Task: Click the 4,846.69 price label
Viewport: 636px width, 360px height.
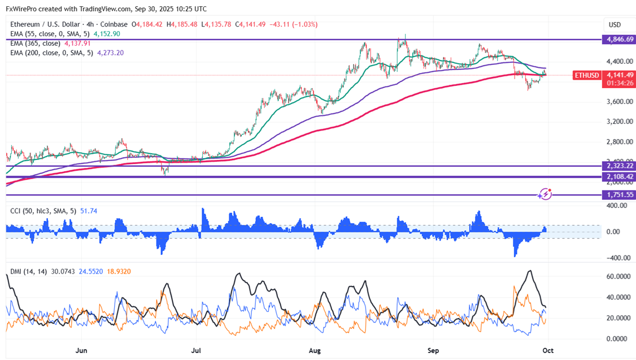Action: [619, 40]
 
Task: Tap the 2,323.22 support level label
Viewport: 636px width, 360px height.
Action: [619, 166]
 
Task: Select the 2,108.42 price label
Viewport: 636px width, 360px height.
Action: [619, 177]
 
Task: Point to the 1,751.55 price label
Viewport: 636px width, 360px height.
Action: [619, 195]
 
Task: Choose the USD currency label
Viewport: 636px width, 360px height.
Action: [615, 25]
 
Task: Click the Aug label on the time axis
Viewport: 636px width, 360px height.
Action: [315, 350]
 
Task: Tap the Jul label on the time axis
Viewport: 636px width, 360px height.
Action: [197, 350]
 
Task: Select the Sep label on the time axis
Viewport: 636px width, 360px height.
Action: [433, 350]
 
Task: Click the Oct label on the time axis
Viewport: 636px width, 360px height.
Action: [548, 350]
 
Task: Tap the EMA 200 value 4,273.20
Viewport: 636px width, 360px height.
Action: [110, 53]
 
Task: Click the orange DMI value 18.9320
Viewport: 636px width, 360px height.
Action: [119, 272]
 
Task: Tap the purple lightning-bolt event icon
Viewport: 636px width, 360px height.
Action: [545, 194]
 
